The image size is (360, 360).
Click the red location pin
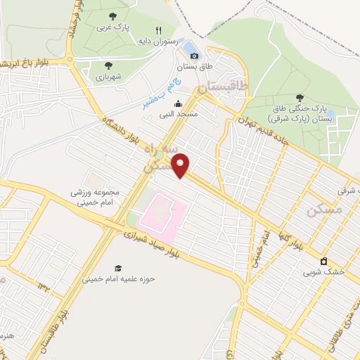pos(181,165)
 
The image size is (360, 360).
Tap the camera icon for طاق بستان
pos(194,56)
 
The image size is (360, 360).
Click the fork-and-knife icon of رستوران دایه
pos(158,30)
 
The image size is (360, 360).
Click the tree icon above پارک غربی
pos(113,15)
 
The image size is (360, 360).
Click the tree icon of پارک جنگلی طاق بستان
pos(300,98)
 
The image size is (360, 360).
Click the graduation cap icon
pos(118,268)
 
